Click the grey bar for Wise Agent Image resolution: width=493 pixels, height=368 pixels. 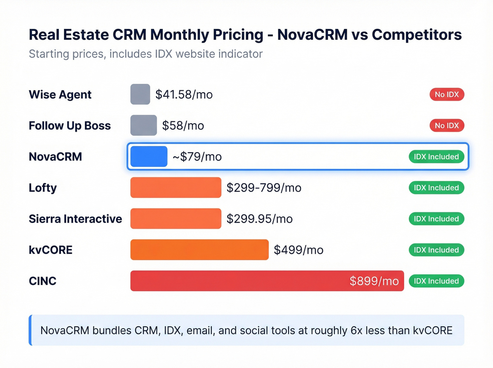pos(140,94)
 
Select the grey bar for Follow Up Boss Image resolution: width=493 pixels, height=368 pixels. pos(143,125)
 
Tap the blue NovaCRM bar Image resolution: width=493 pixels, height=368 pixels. pos(149,156)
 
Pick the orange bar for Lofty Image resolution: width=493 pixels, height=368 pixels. pos(176,187)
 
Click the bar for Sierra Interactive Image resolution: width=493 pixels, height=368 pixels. pos(176,219)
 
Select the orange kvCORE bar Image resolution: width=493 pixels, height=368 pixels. pos(199,250)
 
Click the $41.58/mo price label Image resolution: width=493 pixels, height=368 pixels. pos(184,94)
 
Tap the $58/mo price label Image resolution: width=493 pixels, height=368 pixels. pos(183,125)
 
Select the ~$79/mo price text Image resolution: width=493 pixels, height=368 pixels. pos(197,157)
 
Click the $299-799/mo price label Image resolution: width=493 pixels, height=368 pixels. pos(264,188)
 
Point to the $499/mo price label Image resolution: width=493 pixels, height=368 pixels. pos(298,250)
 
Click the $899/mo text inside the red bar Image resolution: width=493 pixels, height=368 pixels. pos(374,281)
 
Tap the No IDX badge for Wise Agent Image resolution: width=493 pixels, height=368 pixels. pos(447,94)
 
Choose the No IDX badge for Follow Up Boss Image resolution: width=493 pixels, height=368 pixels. pos(447,125)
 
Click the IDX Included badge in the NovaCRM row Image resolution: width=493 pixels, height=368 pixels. pos(436,157)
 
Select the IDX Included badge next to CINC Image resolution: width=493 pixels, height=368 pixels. pos(436,281)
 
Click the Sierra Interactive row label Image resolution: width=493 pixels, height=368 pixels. pos(75,219)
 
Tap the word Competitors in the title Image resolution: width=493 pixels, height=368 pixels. pos(417,35)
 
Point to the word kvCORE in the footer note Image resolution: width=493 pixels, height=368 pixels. pos(432,330)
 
